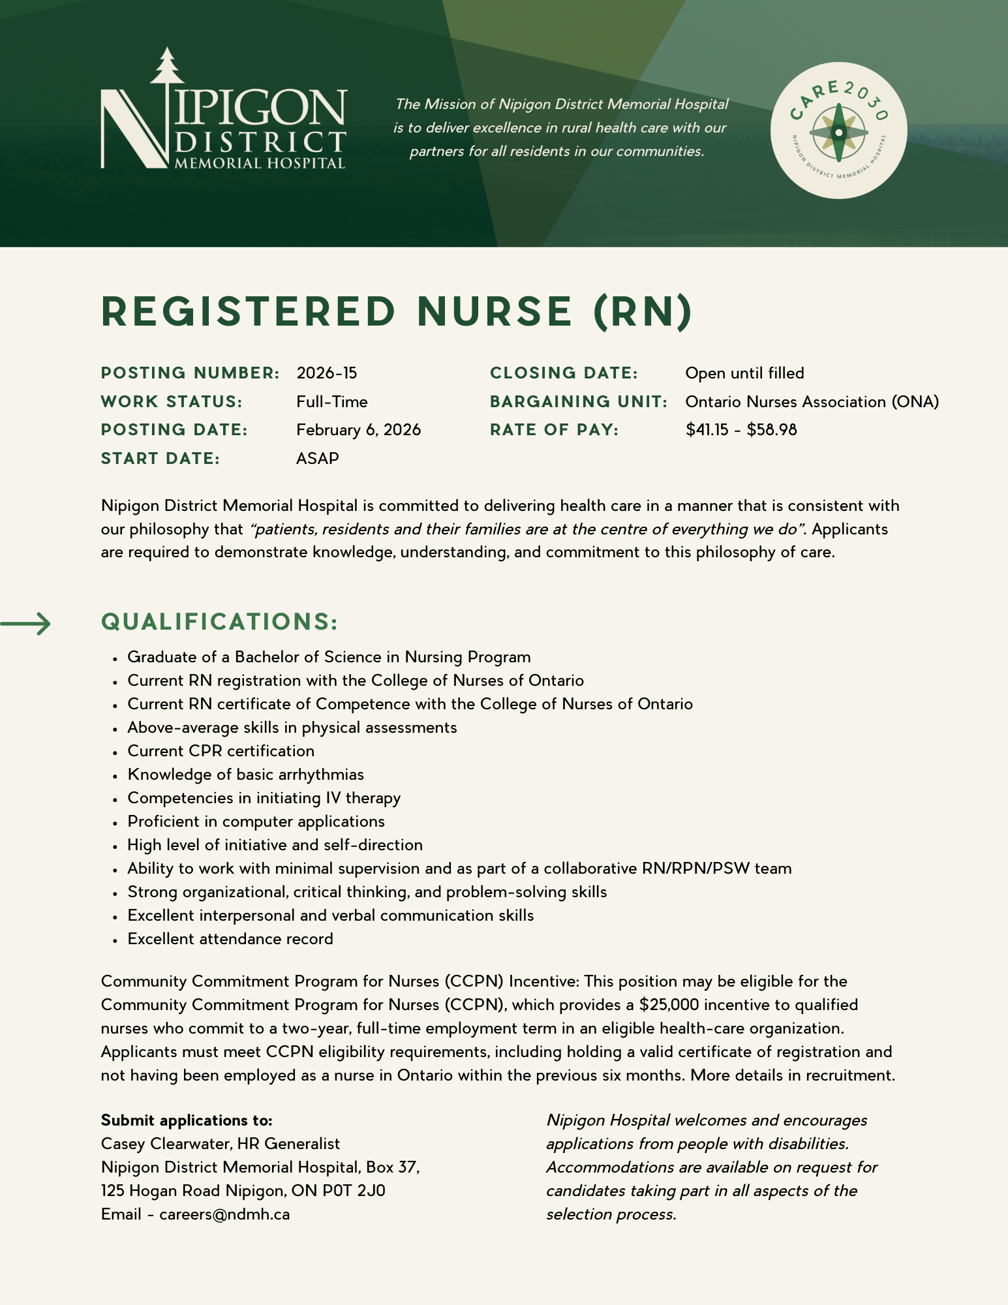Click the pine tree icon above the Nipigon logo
coord(168,65)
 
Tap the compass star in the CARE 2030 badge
coord(838,132)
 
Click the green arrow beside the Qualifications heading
coord(26,624)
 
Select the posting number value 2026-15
coord(327,373)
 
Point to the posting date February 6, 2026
coord(358,430)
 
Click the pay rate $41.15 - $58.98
coord(741,430)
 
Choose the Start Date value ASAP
coord(318,459)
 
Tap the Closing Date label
coord(564,373)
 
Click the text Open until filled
coord(744,373)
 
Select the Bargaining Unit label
coord(579,402)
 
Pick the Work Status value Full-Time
coord(332,402)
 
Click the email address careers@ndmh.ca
coord(224,1214)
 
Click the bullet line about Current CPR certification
coord(221,751)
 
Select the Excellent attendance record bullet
coord(230,939)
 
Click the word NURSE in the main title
coord(495,312)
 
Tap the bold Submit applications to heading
coord(187,1120)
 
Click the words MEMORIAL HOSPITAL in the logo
coord(260,163)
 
